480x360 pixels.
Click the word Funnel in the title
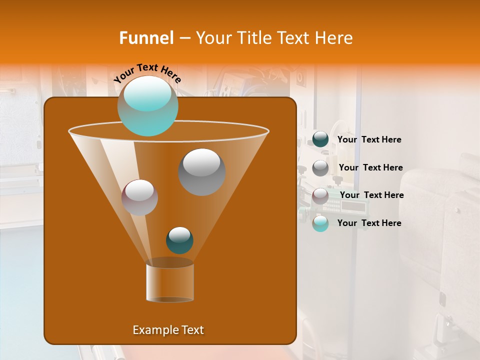pos(146,38)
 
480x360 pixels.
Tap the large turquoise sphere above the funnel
pos(147,106)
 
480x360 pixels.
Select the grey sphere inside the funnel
pos(201,172)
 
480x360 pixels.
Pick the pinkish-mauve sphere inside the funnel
pos(139,197)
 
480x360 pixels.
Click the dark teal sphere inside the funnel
pos(179,240)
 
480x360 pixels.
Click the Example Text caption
pos(168,330)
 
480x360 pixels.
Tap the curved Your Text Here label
pos(147,73)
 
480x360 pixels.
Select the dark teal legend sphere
pos(320,139)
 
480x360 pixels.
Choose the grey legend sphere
pos(320,167)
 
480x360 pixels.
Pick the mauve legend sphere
pos(320,195)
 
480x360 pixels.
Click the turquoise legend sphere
pos(320,223)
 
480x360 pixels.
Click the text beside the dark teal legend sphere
pos(369,140)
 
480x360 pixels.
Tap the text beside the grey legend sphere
pos(370,168)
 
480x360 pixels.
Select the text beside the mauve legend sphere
pos(371,195)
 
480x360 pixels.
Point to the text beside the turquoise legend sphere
pos(369,223)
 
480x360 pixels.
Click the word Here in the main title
pos(335,38)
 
